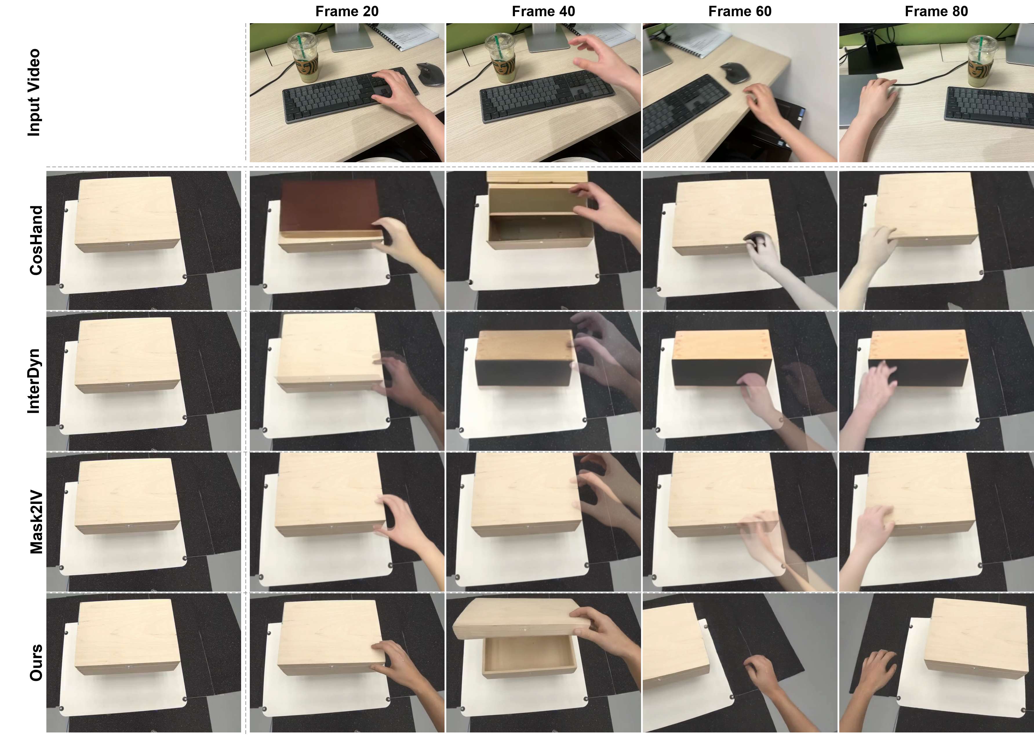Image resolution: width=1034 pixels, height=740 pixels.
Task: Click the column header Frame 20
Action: point(347,11)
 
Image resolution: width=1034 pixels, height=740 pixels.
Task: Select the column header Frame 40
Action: point(543,11)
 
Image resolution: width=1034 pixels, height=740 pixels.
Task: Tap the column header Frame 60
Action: point(740,11)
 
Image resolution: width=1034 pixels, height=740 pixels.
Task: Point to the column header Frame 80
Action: point(936,11)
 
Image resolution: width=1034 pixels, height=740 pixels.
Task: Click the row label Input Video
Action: point(34,92)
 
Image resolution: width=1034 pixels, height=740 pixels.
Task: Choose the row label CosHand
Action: point(36,240)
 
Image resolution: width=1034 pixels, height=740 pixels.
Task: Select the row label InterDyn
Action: point(34,381)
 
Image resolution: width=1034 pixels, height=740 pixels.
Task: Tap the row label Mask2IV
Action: point(36,522)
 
